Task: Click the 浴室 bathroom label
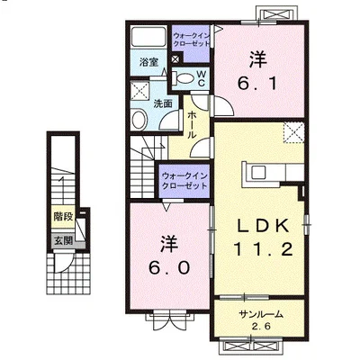pos(149,62)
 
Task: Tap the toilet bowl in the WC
pos(183,78)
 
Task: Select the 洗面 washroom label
pos(163,103)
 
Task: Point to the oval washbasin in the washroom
pos(139,120)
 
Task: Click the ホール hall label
pos(191,125)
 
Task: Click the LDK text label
pos(264,226)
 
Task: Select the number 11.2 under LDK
pos(263,249)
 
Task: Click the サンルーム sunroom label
pos(261,314)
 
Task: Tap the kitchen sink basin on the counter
pos(258,173)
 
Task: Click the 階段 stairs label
pos(63,216)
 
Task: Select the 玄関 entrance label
pos(63,240)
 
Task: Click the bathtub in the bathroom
pos(149,37)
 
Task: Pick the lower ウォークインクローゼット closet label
pos(184,181)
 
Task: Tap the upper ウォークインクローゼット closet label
pos(192,40)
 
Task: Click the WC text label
pos(202,78)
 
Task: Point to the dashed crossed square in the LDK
pos(294,132)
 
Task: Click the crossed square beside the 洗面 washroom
pos(140,89)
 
